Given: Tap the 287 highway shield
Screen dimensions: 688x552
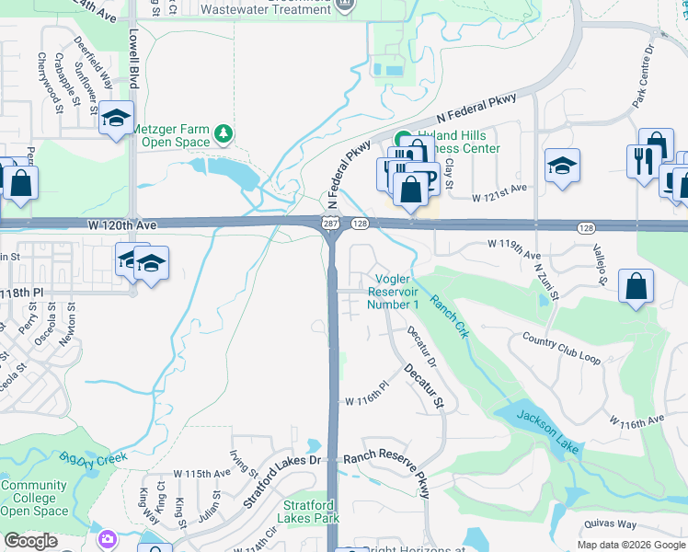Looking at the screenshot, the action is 329,224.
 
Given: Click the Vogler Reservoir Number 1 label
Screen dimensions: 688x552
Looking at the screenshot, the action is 394,292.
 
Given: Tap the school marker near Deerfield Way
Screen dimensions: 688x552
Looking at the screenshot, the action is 117,118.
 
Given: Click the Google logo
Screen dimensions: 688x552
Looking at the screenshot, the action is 30,541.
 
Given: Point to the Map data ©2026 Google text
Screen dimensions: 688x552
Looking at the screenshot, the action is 631,545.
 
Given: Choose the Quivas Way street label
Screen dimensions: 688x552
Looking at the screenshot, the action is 610,524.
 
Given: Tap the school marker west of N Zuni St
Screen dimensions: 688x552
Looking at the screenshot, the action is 562,166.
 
